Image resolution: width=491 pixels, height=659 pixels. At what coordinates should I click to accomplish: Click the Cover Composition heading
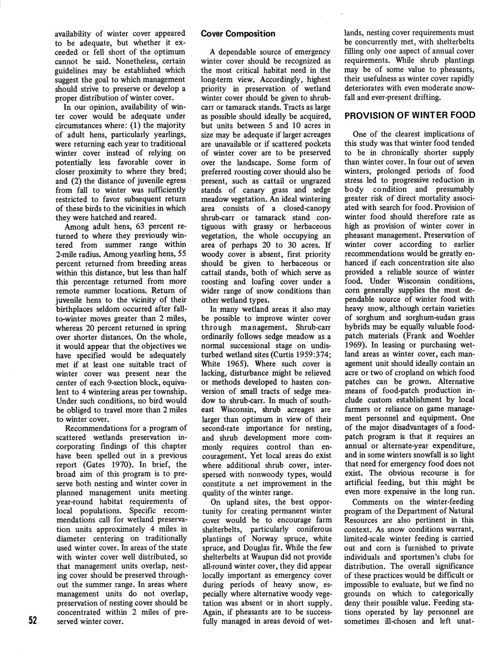click(x=238, y=34)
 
